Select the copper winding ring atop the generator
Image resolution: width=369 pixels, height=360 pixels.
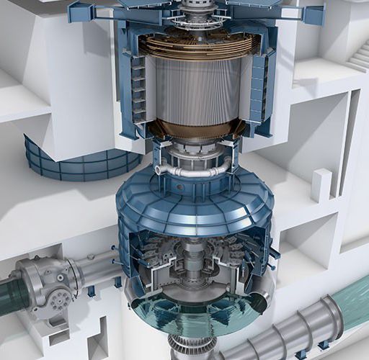click(x=198, y=45)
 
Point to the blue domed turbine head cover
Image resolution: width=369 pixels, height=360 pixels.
click(x=195, y=202)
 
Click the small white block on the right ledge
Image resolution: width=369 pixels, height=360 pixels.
click(x=321, y=185)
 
